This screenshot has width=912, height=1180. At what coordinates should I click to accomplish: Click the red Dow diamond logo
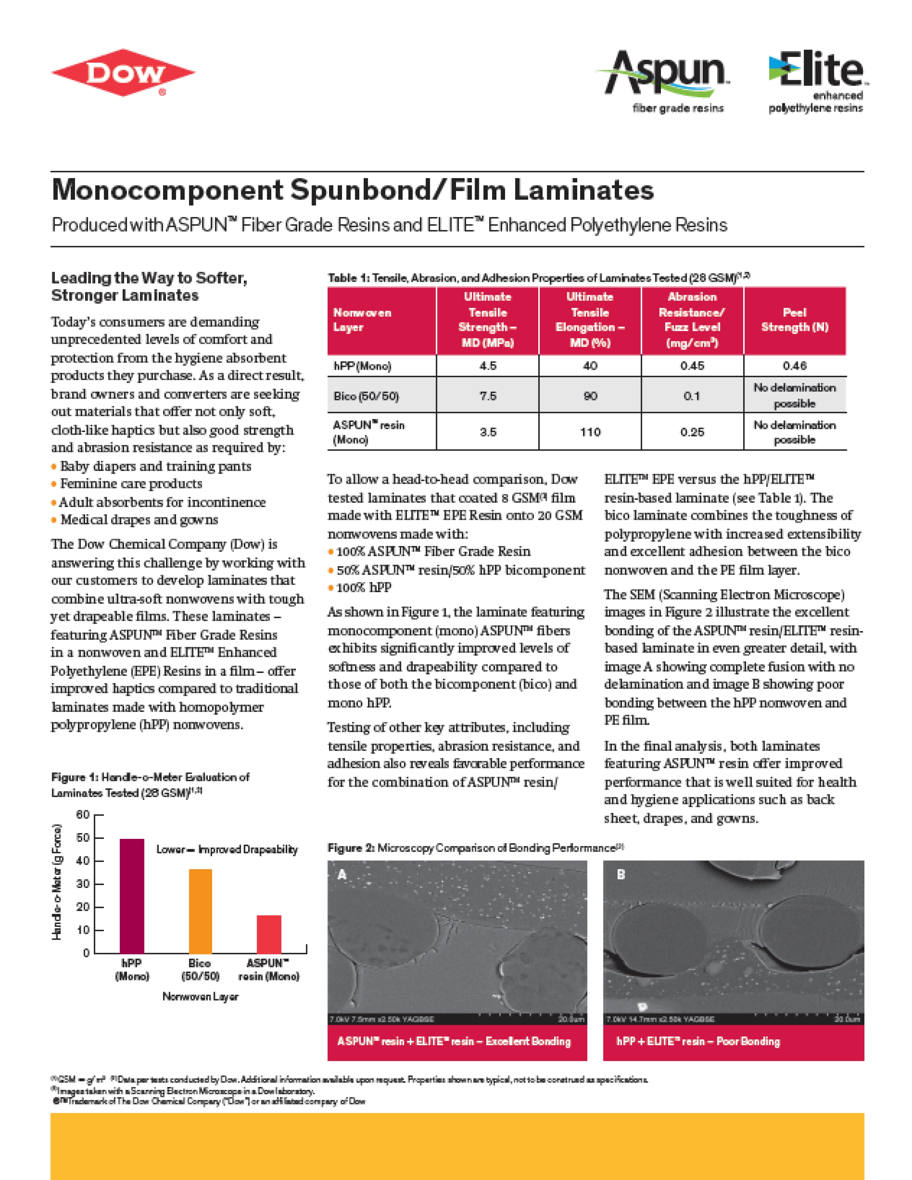123,73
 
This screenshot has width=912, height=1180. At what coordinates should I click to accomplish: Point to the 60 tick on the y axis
82,815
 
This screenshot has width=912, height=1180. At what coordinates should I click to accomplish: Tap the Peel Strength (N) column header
794,320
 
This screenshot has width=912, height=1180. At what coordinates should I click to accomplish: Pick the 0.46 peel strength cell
794,366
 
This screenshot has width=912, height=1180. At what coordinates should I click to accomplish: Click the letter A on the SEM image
342,875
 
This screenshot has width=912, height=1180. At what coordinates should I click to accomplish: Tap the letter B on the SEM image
621,875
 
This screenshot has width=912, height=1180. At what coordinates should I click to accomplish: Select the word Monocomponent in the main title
167,190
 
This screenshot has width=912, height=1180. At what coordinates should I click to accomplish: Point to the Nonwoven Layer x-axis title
200,996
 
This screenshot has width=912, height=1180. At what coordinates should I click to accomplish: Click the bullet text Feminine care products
131,483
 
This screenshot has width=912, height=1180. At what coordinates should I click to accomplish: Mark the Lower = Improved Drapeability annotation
227,849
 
